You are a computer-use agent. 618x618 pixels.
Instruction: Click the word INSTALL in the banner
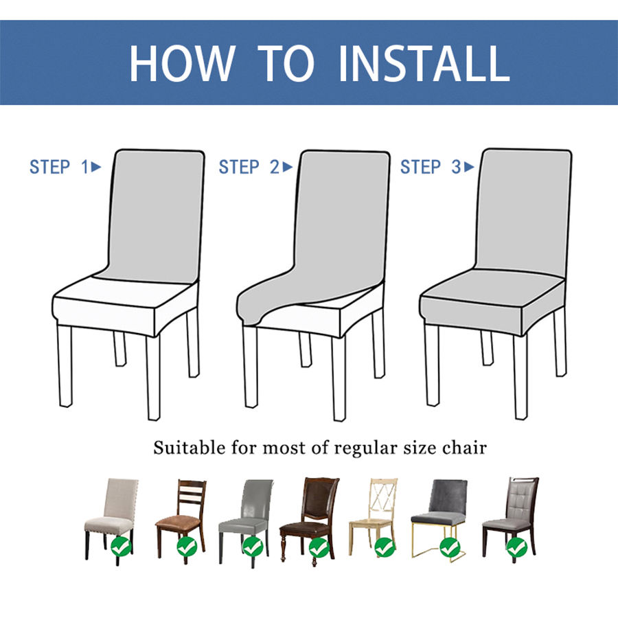[424, 63]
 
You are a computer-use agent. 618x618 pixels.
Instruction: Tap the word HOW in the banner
[182, 63]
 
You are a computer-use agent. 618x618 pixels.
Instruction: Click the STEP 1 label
[60, 167]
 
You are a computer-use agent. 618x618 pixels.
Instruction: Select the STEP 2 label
[249, 167]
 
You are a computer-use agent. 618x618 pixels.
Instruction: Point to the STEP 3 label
[431, 167]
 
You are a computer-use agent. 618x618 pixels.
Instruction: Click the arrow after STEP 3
[469, 167]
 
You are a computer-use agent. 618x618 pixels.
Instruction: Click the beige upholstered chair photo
[111, 520]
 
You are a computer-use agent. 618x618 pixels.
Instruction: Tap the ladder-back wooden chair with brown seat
[181, 520]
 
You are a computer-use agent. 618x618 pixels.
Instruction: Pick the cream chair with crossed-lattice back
[374, 517]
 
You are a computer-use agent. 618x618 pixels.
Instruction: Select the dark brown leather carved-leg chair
[310, 521]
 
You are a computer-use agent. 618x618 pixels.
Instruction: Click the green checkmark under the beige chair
[121, 547]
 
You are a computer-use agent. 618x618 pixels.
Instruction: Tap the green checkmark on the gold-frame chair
[450, 547]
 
